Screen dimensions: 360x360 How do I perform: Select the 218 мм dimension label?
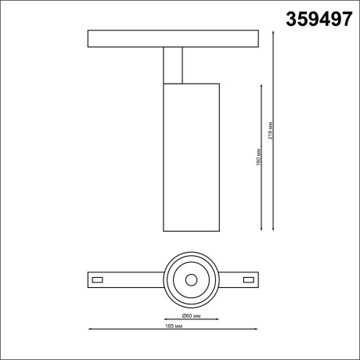click(271, 133)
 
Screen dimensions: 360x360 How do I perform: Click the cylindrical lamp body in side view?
click(191, 157)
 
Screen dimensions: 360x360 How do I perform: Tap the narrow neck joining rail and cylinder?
click(173, 64)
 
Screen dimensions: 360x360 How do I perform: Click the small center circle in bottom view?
click(191, 279)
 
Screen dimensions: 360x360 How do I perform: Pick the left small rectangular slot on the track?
click(98, 279)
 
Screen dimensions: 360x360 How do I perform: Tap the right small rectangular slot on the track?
click(250, 279)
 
